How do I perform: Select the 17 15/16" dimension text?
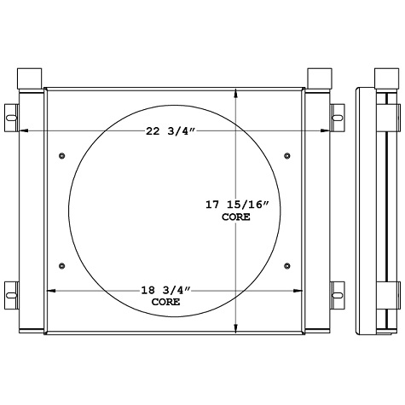coord(238,205)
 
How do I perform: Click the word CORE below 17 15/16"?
coord(236,217)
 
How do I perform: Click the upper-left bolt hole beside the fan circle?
coord(63,155)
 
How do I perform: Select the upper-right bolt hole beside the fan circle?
coord(286,155)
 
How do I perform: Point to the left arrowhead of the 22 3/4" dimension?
coord(21,130)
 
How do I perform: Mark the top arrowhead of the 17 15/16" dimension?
coord(238,91)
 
